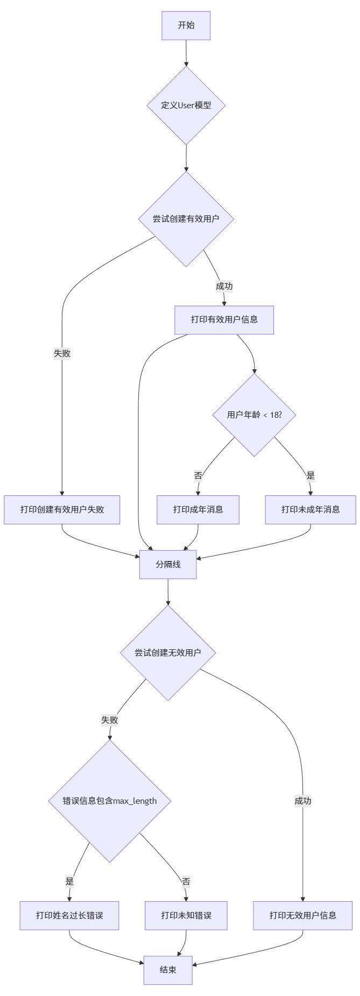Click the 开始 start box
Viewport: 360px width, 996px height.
click(186, 25)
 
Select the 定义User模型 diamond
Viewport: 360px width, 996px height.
click(186, 106)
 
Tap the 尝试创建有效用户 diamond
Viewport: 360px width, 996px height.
click(186, 219)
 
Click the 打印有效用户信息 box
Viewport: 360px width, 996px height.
click(224, 320)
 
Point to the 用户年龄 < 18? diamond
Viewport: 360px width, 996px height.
click(255, 415)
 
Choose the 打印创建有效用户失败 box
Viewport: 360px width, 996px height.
click(62, 509)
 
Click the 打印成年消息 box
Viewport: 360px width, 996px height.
click(198, 509)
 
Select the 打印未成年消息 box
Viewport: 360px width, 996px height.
click(310, 509)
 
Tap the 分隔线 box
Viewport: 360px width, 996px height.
click(168, 564)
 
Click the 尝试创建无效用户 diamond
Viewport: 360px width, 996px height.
click(168, 653)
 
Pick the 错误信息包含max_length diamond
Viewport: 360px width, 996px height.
click(110, 801)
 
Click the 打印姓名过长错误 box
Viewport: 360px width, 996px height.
click(69, 915)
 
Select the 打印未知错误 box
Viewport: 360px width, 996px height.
click(186, 915)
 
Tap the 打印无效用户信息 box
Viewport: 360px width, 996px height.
click(303, 915)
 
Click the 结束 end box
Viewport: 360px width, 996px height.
click(168, 970)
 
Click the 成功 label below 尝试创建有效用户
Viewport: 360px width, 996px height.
click(224, 286)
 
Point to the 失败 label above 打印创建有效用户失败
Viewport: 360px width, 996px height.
click(62, 353)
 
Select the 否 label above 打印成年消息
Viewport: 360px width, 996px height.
click(198, 475)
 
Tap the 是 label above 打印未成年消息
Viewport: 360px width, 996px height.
click(310, 475)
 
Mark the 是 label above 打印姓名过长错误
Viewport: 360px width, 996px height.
click(69, 881)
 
